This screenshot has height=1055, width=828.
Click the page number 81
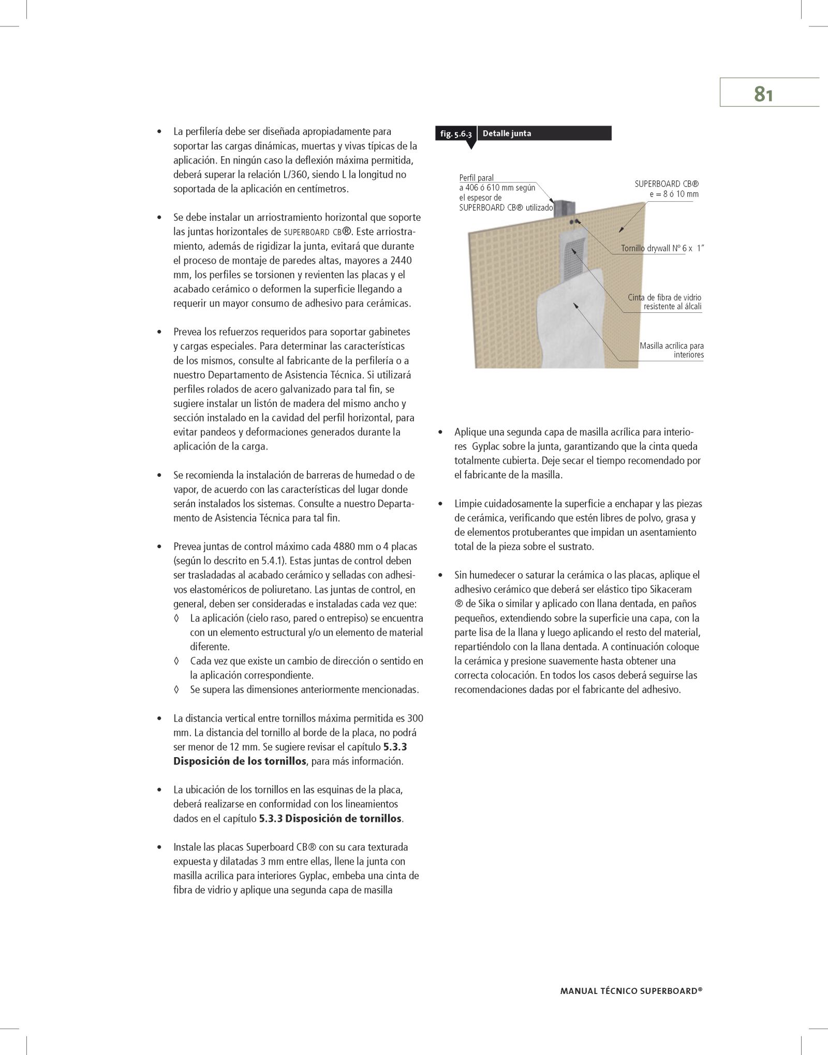click(x=763, y=94)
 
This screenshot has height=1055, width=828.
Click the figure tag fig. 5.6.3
click(x=455, y=134)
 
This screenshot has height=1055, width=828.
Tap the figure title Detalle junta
click(x=507, y=133)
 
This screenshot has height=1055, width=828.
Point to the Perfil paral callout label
click(x=477, y=178)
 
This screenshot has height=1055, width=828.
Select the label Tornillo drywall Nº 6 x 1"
click(x=663, y=249)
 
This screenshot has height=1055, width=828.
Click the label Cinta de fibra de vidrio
click(x=664, y=297)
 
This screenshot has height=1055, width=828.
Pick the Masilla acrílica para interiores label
click(x=671, y=350)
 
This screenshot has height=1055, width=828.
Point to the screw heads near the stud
click(x=574, y=221)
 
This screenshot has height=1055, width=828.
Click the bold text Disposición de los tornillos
click(x=240, y=761)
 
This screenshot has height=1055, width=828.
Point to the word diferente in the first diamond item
click(x=210, y=646)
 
